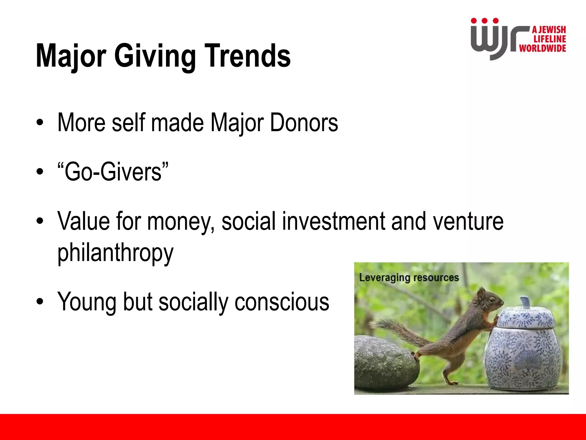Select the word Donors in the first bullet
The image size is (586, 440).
coord(304,123)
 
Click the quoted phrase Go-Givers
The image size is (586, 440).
coord(113,172)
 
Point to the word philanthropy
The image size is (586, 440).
coord(115,253)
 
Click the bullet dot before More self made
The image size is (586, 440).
coord(40,123)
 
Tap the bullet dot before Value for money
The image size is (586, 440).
coord(40,221)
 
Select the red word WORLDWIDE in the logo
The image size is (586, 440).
coord(543,48)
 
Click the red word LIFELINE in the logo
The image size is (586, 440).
coord(550,39)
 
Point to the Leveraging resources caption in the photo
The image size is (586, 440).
coord(409,277)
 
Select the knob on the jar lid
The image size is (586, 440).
coord(525,302)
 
